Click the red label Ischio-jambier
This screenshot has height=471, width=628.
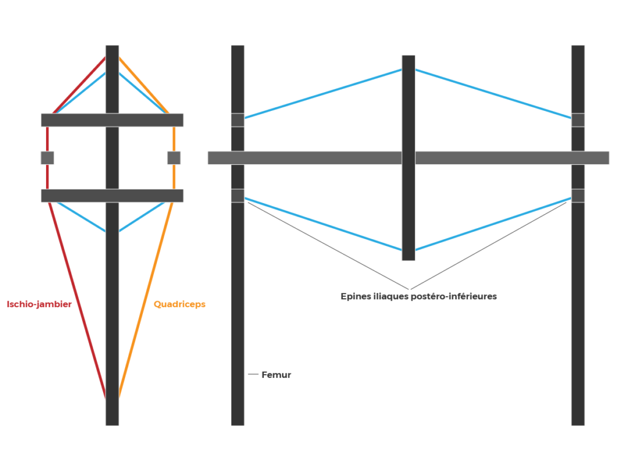click(39, 304)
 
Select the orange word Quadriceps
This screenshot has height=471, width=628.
click(180, 304)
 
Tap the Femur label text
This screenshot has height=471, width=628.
click(276, 375)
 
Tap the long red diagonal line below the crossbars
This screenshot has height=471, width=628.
click(78, 301)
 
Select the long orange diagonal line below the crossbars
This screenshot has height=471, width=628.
click(146, 301)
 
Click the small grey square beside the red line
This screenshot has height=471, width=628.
click(47, 158)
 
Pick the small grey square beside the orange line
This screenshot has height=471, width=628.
click(174, 158)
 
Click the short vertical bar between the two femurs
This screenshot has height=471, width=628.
click(408, 158)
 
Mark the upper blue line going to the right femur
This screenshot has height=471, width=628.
click(493, 93)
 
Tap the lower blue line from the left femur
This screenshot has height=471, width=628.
click(323, 224)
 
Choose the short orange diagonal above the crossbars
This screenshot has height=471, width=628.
click(144, 85)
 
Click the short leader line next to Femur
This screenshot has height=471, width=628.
click(253, 375)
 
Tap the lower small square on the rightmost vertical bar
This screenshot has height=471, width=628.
click(578, 196)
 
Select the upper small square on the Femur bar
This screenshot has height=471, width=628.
click(237, 120)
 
